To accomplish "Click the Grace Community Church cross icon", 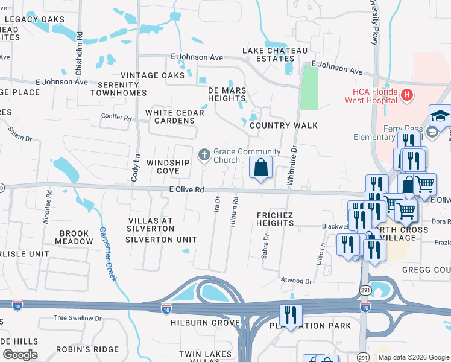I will pos(204,156).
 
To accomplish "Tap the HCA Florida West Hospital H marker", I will pos(408,95).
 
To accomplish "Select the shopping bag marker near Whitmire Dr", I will pos(260,168).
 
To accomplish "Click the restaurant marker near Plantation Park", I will pos(290,316).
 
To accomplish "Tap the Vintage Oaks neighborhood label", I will pos(152,75).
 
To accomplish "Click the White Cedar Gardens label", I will pos(175,116).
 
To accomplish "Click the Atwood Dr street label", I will pos(296,281).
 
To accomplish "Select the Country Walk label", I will pos(283,125).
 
